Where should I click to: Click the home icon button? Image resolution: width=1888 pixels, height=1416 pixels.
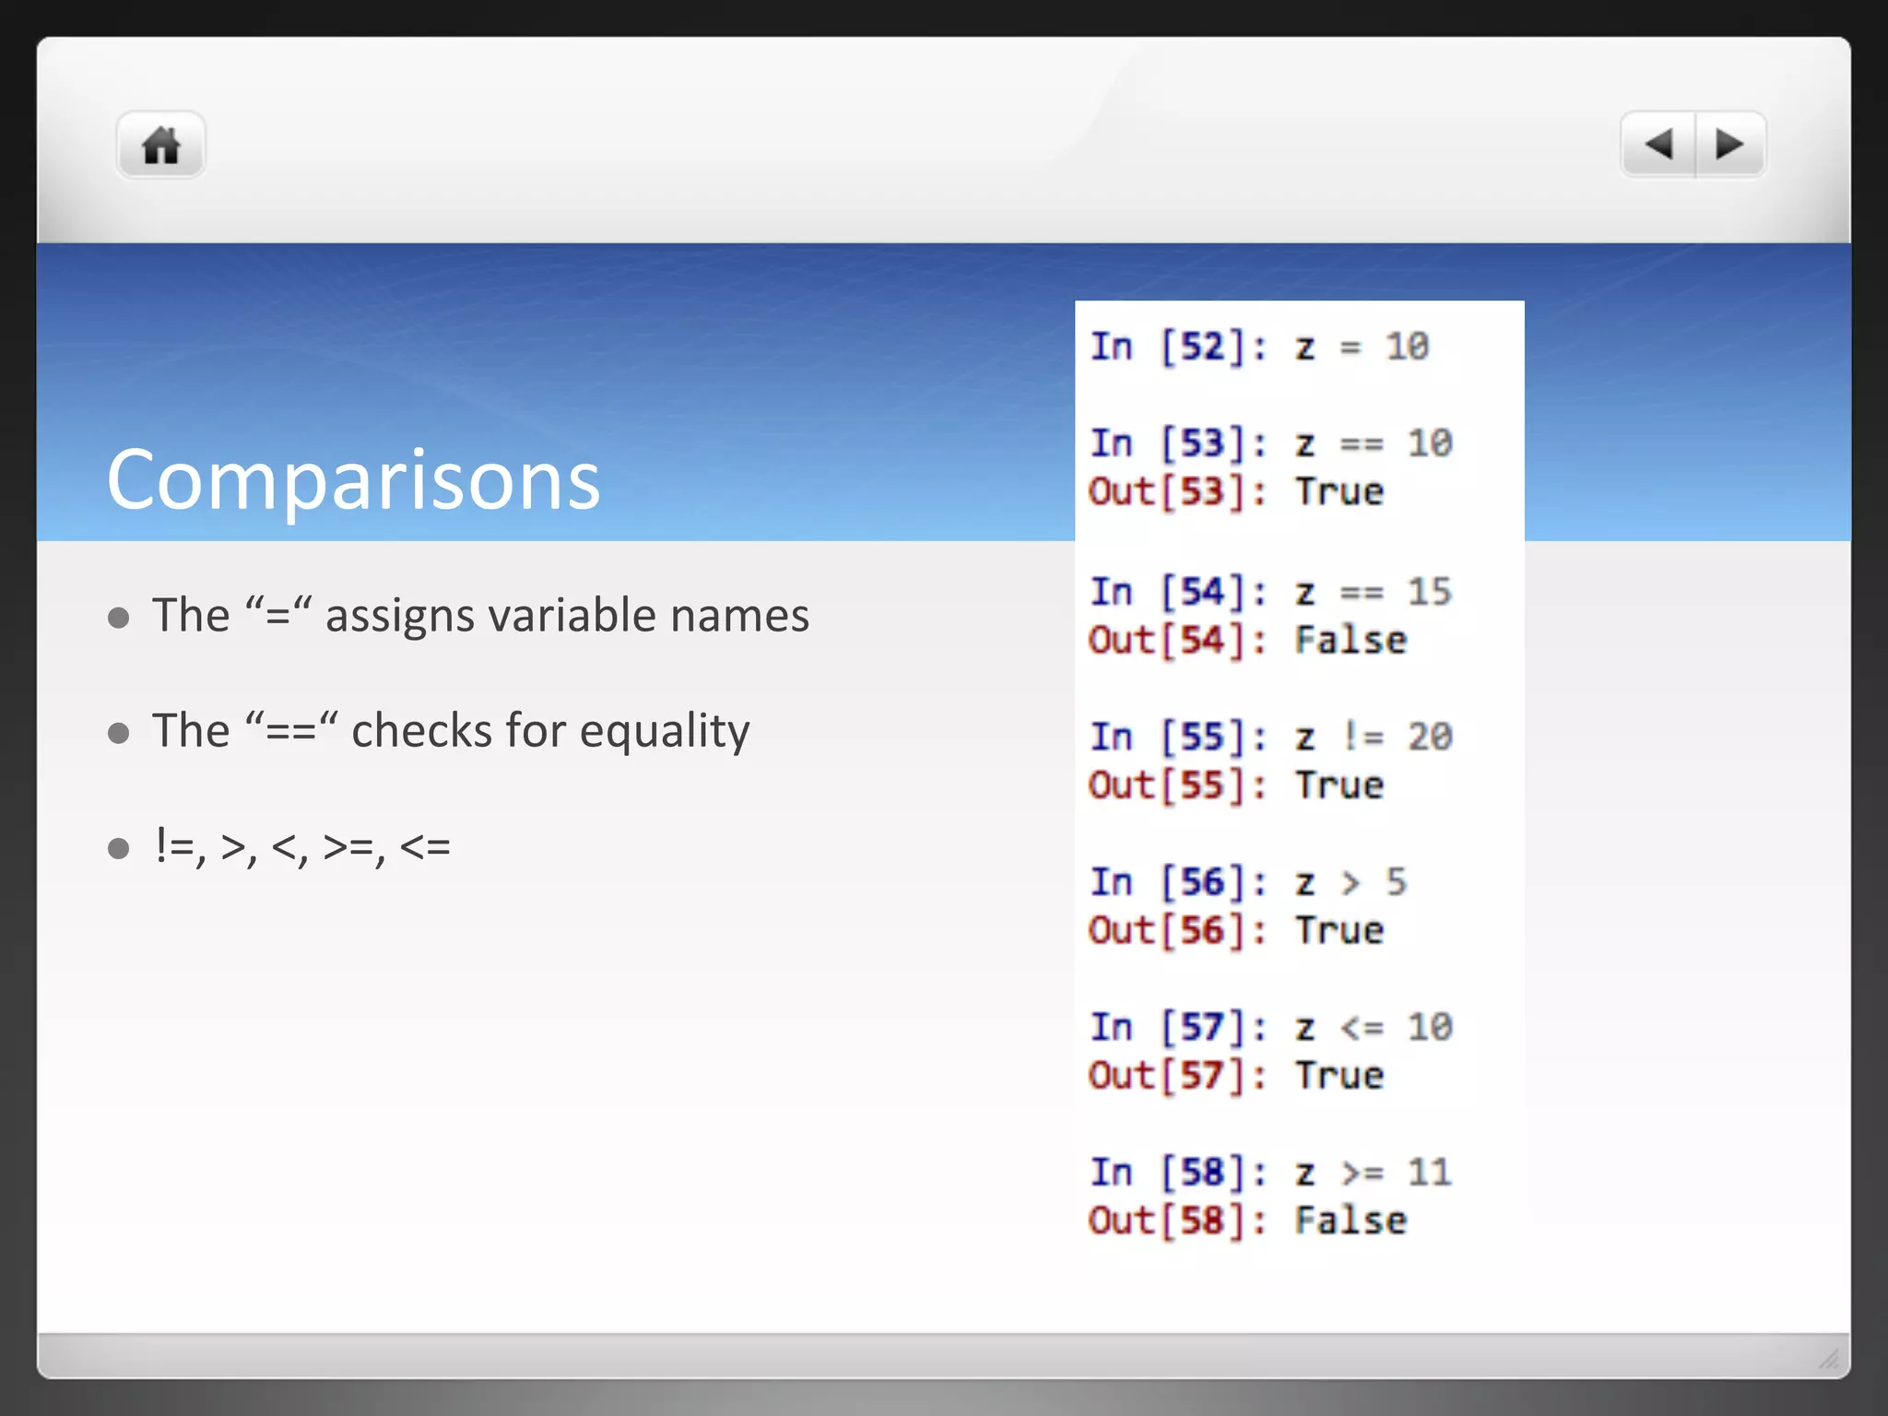pos(160,146)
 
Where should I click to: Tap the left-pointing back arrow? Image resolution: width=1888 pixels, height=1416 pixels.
pos(1658,145)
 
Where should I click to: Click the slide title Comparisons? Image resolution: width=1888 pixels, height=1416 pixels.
pos(353,479)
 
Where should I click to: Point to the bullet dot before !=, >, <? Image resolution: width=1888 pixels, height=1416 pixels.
pos(118,847)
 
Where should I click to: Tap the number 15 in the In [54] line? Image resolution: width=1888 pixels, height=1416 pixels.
pos(1429,592)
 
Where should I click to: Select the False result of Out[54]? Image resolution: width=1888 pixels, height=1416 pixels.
pos(1351,641)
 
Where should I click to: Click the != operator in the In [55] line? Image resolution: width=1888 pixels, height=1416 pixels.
pos(1363,737)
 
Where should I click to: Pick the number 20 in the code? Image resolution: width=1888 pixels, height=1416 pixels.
pos(1429,737)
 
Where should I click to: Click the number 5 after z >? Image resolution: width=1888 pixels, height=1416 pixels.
pos(1396,882)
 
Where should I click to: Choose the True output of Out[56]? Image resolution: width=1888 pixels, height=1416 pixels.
pos(1339,931)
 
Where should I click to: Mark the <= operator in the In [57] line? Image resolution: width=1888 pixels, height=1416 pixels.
pos(1363,1028)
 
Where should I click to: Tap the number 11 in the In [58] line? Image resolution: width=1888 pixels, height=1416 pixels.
pos(1429,1173)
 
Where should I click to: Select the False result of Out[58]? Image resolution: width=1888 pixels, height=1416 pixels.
pos(1351,1221)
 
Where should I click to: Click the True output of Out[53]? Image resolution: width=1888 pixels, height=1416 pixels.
pos(1339,492)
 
